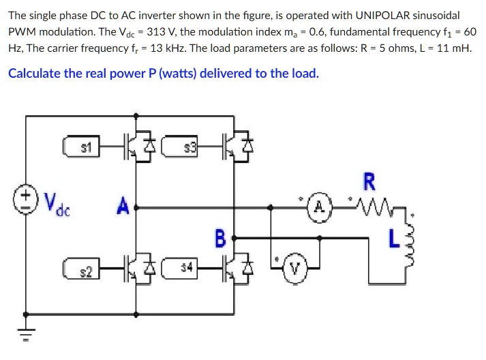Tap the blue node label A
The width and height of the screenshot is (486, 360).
point(123,205)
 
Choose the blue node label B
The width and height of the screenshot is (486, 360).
point(219,239)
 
